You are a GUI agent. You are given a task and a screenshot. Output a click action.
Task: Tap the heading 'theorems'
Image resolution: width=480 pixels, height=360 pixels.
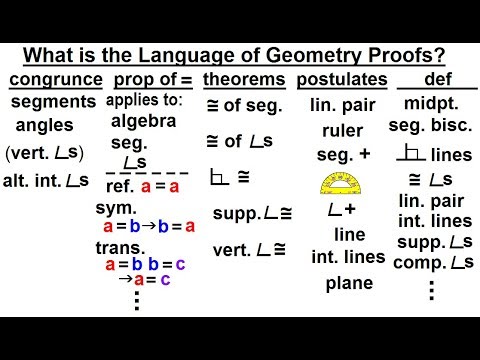244,79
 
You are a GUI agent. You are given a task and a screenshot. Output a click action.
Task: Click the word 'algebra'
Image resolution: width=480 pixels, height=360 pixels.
144,121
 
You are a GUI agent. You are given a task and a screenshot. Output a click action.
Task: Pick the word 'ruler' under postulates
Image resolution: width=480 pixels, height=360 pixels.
342,130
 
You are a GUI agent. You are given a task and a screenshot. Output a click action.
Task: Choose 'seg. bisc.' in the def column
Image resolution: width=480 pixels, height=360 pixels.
433,129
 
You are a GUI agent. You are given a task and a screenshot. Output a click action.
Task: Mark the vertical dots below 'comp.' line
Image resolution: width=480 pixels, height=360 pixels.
431,291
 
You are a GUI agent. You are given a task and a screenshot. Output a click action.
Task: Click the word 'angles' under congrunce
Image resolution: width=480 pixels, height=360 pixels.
44,126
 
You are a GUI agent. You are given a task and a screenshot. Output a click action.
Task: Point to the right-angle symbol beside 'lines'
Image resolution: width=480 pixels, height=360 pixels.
408,155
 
